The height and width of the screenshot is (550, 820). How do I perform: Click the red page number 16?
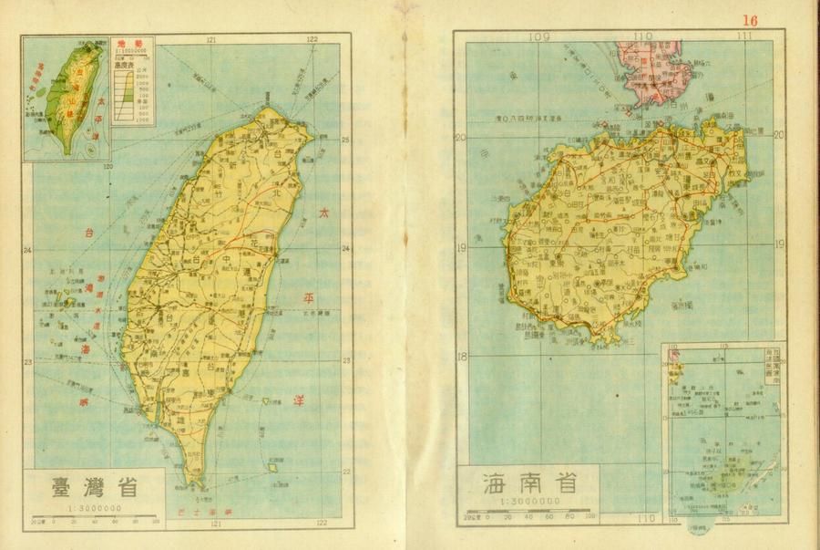[x=750, y=20]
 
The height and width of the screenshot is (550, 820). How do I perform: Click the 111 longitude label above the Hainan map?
[x=746, y=36]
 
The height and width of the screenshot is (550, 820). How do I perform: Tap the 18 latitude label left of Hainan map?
[x=461, y=357]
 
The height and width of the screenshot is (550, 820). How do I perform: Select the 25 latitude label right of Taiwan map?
[x=346, y=140]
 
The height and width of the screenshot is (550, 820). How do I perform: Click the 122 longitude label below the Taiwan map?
[x=322, y=524]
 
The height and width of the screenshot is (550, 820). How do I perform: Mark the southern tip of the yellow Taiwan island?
[x=192, y=482]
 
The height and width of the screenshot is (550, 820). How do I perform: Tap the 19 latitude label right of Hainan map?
[x=780, y=244]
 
